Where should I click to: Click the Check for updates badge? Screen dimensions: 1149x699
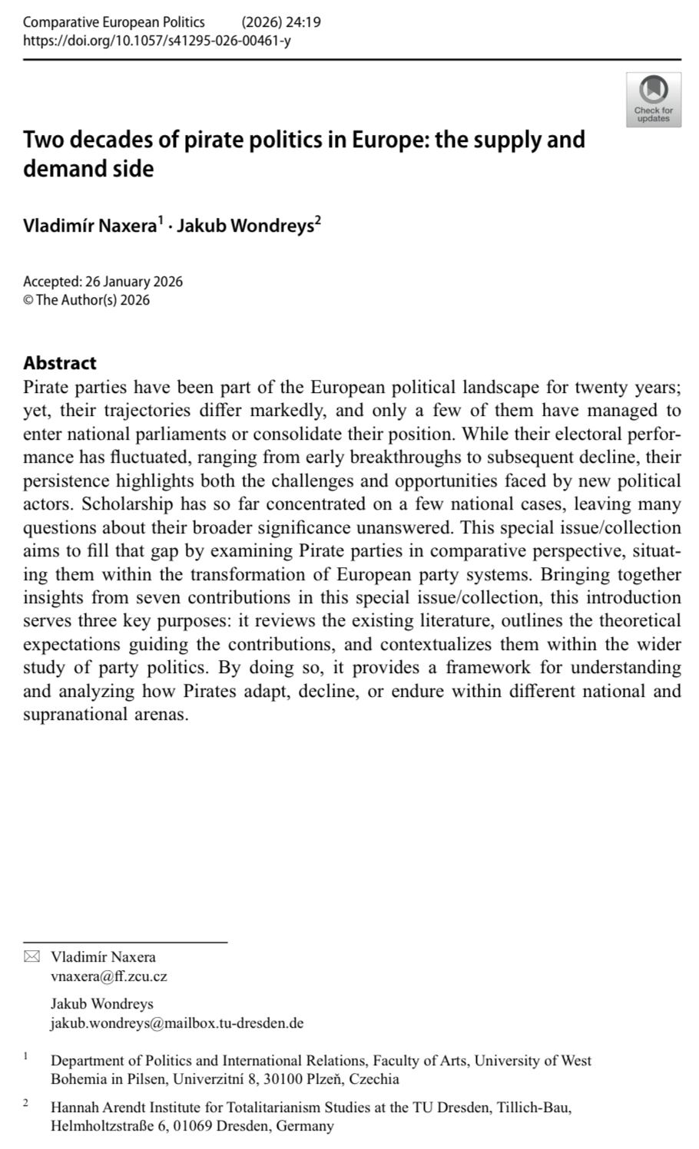(653, 99)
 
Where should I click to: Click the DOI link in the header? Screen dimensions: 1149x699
(157, 41)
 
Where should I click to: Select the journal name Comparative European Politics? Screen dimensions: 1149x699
(114, 22)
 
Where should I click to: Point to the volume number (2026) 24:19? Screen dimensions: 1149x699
(281, 22)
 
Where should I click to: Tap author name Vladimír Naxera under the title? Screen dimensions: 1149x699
(90, 226)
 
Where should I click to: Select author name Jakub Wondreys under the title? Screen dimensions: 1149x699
(245, 226)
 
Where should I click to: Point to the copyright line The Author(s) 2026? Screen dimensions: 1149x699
(92, 300)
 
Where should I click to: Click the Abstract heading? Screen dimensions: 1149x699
(60, 363)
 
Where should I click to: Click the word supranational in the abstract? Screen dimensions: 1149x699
(75, 714)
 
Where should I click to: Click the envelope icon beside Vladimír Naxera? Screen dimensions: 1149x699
(31, 956)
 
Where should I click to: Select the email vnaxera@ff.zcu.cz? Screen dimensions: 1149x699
(109, 976)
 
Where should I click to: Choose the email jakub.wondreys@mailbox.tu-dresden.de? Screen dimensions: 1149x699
(177, 1023)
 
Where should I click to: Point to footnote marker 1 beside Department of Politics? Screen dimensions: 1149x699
(25, 1057)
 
